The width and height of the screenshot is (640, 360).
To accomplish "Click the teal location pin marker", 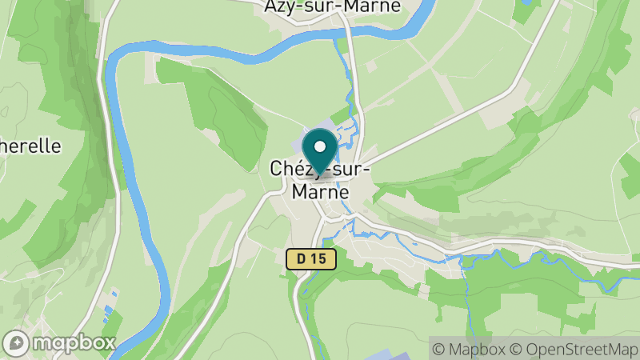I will pos(321,152).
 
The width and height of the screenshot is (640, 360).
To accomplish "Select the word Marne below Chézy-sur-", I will pos(320,193).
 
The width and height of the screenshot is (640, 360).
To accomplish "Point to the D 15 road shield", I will pos(311,258).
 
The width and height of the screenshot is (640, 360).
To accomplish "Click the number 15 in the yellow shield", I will pos(318,258).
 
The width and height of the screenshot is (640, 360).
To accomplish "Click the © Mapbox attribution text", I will pos(470,349).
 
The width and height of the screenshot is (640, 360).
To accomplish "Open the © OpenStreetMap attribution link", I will pos(574,349).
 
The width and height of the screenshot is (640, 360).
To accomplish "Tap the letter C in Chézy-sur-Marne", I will pos(278,169).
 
